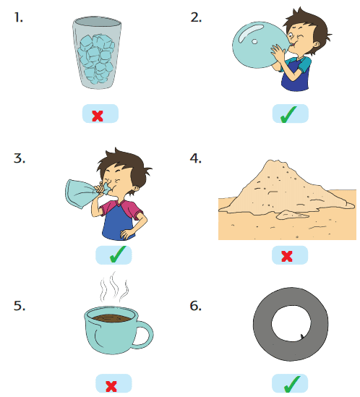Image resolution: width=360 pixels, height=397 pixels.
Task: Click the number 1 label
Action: pos(18,17)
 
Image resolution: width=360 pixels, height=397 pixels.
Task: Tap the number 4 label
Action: pos(195,158)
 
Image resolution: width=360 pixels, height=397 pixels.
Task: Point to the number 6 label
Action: pos(195,306)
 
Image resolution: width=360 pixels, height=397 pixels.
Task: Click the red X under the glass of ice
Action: pos(98,116)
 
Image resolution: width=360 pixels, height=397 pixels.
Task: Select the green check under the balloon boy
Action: pos(288,114)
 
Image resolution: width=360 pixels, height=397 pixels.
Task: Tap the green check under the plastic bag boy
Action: pos(118,255)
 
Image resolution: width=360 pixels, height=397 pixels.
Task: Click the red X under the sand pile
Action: pos(287,256)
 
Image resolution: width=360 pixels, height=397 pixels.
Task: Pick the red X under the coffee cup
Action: pos(111,386)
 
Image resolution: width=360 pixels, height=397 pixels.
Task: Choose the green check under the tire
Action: pos(292,384)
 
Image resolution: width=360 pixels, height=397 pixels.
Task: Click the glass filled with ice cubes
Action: pos(97,53)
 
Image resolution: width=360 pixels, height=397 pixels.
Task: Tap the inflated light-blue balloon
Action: pos(260,45)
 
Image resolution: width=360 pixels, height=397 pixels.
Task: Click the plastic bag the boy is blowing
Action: pos(84,194)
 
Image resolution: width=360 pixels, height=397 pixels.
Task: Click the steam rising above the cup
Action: pos(114,287)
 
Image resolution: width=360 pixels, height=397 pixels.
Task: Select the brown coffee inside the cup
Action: pos(111,318)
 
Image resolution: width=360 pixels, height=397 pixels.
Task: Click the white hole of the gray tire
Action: pos(291,323)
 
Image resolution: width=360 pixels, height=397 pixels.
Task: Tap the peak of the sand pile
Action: pos(273,161)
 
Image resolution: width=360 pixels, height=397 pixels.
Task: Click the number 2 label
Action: pos(196,17)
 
